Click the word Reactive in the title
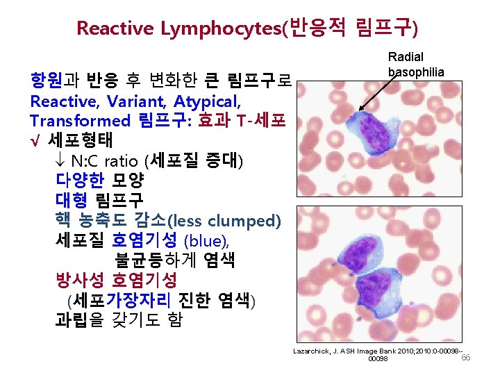click(x=115, y=28)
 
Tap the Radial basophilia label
click(x=416, y=64)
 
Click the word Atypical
click(x=208, y=103)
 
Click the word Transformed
click(x=81, y=121)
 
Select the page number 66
click(x=466, y=357)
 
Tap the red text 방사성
click(x=80, y=281)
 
